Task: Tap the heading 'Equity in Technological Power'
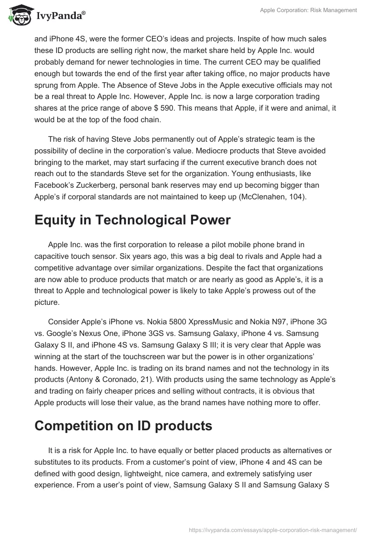(133, 220)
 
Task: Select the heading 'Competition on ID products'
(123, 426)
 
